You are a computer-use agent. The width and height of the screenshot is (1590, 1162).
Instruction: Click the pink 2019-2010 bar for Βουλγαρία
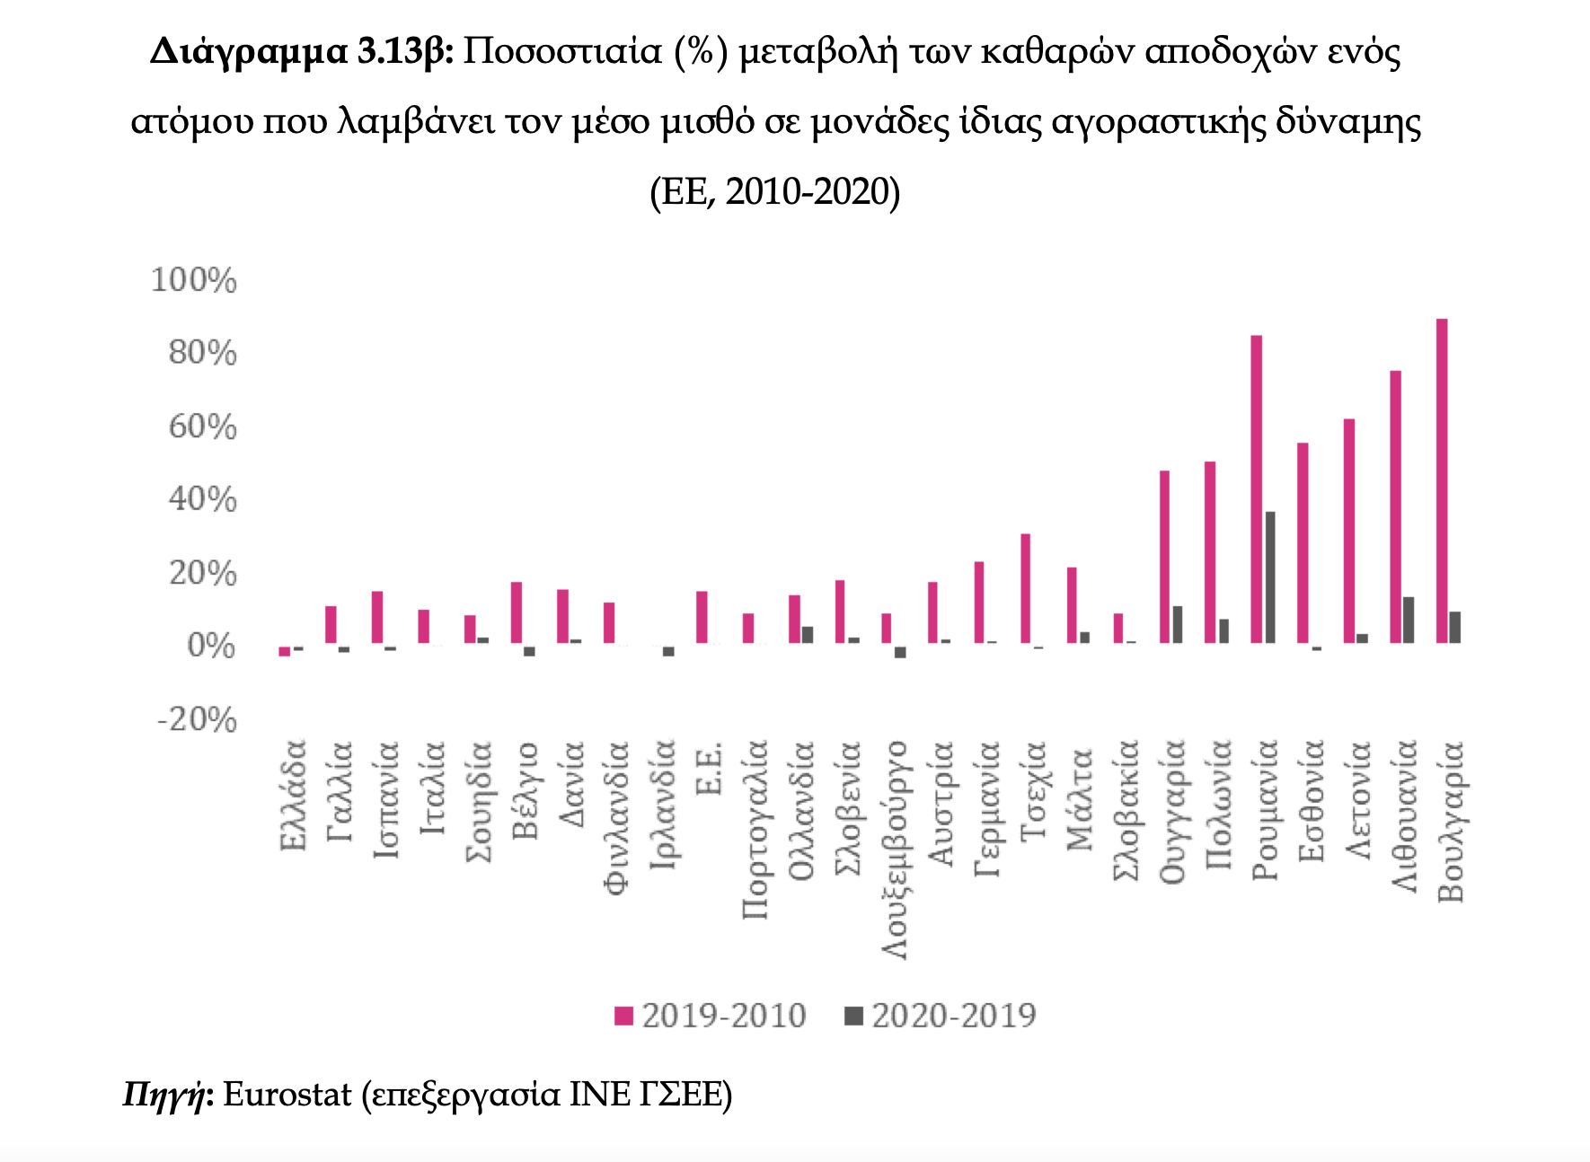1442,481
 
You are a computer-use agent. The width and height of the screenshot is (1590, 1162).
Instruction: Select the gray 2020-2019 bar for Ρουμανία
1270,577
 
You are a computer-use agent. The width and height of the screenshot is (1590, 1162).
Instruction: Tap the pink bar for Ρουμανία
1256,489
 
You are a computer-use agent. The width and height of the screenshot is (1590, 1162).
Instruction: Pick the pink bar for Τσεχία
1025,589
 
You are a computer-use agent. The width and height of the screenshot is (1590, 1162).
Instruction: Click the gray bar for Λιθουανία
1409,621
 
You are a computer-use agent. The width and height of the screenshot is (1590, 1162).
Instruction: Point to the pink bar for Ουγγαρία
1164,557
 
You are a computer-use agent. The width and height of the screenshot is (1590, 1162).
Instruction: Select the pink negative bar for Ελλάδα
284,651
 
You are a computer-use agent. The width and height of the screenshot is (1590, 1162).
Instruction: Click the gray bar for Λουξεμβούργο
900,652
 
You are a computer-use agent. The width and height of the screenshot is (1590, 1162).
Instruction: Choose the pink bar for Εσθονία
1303,543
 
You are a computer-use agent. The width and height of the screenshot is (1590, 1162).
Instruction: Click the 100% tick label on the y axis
194,280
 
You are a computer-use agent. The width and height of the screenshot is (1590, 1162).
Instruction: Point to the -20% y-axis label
197,719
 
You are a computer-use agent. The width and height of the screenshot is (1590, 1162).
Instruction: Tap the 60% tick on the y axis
203,427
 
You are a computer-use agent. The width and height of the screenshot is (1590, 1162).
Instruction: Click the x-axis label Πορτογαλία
755,830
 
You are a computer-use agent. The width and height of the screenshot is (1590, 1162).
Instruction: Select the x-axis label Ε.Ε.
710,768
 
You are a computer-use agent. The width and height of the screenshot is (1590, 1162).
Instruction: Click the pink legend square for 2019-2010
623,1017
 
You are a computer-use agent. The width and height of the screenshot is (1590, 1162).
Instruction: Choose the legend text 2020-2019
954,1016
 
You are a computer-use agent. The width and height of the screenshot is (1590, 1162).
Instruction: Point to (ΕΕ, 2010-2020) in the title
774,191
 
